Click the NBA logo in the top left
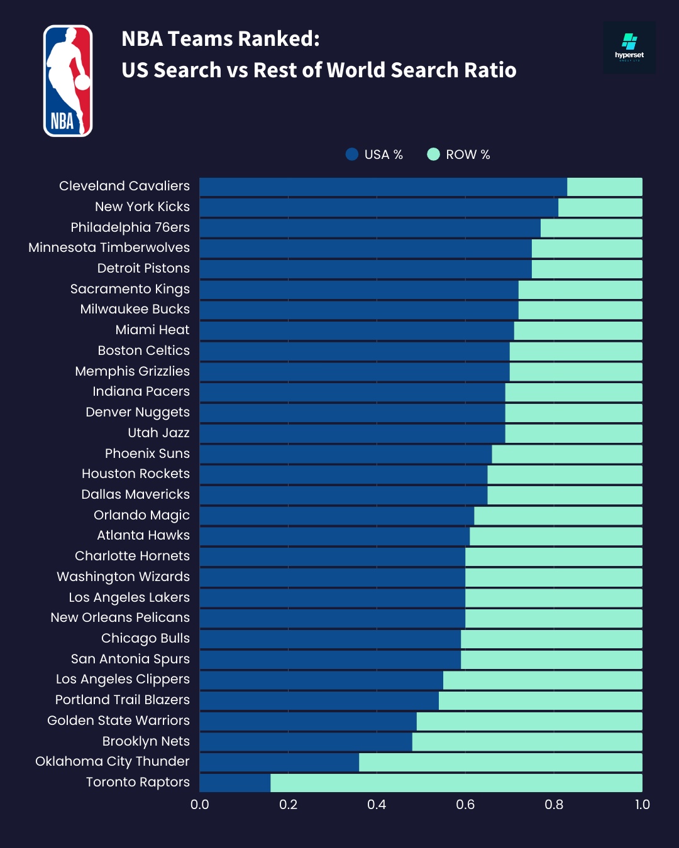point(68,80)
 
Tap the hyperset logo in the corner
point(629,48)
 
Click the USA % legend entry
point(375,155)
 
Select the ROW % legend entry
point(459,155)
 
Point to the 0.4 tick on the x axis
point(377,805)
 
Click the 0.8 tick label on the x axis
point(554,805)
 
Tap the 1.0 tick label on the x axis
point(642,805)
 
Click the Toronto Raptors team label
point(138,782)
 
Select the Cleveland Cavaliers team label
point(124,186)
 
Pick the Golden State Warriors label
point(118,720)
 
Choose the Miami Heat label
point(152,330)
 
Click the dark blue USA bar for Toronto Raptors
point(235,783)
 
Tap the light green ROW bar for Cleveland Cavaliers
point(604,187)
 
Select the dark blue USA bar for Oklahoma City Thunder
point(279,762)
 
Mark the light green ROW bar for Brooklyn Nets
point(527,742)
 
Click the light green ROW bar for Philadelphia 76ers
point(591,228)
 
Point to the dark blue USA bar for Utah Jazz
point(352,433)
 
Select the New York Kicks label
point(142,207)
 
